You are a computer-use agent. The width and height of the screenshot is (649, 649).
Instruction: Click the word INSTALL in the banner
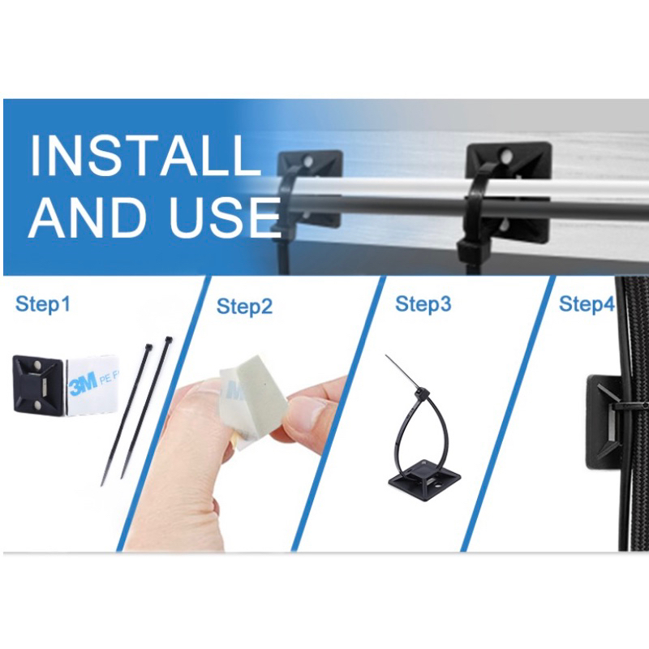[x=144, y=156]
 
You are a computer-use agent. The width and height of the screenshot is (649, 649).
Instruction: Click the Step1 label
[x=43, y=304]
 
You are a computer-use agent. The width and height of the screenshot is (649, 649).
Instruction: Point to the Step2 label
[x=244, y=307]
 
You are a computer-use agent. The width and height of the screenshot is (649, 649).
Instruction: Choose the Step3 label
[x=423, y=304]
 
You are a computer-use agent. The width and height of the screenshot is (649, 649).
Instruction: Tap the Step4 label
[x=587, y=304]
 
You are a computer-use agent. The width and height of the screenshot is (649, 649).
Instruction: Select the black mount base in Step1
[x=39, y=385]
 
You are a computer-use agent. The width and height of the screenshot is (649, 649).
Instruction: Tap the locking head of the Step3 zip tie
[x=423, y=392]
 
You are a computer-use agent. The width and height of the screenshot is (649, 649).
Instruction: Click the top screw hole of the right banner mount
[x=506, y=156]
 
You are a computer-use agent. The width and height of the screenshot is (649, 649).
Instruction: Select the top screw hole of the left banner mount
[x=308, y=161]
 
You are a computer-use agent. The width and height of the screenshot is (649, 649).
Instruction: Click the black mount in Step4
[x=604, y=422]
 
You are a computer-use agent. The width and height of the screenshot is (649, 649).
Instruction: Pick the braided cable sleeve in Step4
[x=633, y=414]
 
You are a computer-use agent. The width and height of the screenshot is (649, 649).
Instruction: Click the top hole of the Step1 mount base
[x=36, y=365]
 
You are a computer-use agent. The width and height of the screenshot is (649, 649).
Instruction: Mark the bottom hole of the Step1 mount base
[x=36, y=404]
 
